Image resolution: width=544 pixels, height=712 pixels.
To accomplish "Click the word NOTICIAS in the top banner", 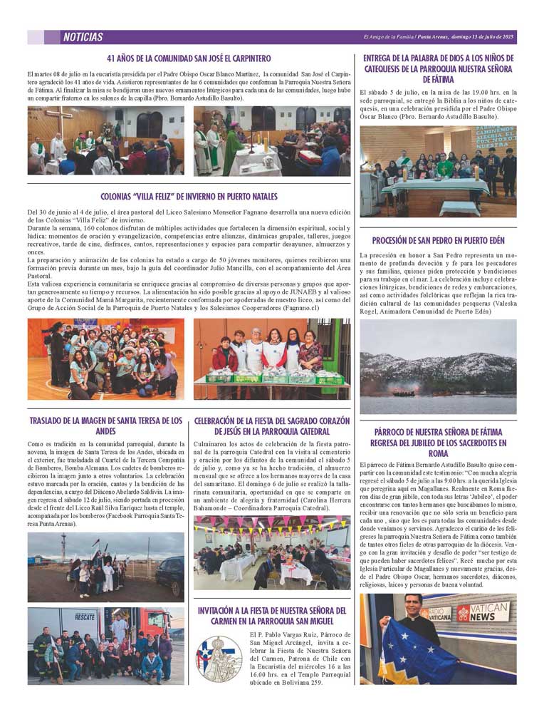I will click(83, 37).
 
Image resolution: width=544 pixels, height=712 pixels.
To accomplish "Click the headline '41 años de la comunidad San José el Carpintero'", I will click(189, 58).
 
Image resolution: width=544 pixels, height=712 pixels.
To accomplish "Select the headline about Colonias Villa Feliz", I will click(189, 196).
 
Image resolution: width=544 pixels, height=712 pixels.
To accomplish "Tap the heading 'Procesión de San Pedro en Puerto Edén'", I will click(438, 240).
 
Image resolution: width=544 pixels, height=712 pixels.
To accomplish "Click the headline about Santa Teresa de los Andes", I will click(105, 426).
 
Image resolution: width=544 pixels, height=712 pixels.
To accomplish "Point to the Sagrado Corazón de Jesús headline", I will click(272, 426).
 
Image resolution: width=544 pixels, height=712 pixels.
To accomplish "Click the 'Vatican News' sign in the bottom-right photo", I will click(483, 614).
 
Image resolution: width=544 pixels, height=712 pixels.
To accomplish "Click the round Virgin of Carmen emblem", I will click(219, 656).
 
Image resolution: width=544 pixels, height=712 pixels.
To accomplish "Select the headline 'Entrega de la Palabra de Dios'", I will click(438, 68).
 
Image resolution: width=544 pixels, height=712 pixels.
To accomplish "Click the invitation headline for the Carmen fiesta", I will click(272, 616).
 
